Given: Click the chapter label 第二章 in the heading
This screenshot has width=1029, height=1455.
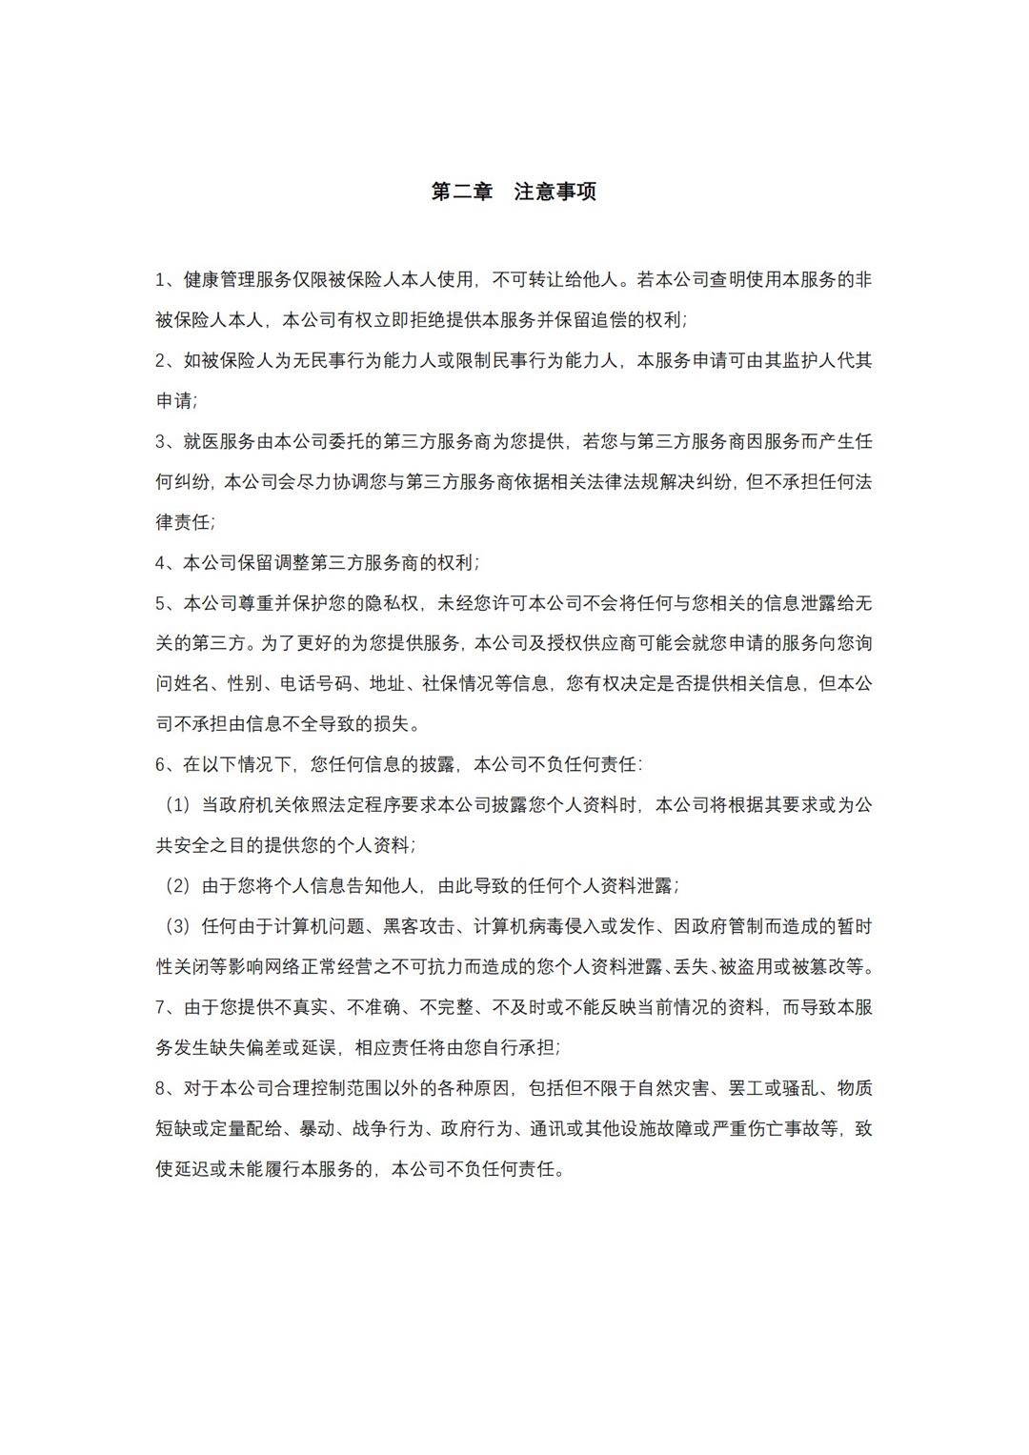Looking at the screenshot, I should point(462,192).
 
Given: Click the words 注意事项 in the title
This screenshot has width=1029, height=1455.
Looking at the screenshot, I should point(555,192).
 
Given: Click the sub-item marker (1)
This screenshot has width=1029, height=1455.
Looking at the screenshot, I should point(178,805).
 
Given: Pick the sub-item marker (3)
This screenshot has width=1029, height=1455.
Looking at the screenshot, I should point(178,926).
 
